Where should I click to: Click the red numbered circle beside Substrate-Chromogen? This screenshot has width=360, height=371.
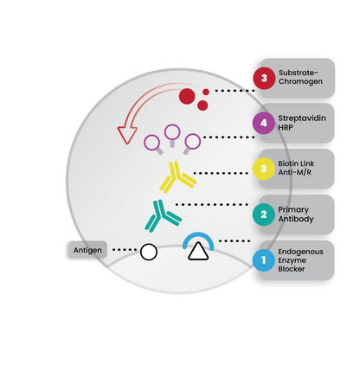[264, 78]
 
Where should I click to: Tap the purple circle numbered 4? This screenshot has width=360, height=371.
[263, 123]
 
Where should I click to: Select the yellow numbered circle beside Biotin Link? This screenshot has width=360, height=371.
[263, 169]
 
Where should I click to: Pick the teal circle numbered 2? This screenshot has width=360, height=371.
[263, 214]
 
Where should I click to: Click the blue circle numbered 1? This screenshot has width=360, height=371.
[263, 260]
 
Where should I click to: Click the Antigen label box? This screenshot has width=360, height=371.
[87, 250]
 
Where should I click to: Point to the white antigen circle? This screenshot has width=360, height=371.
[149, 252]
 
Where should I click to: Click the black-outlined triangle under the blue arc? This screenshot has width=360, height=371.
[198, 252]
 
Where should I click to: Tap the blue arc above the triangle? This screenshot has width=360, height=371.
[198, 235]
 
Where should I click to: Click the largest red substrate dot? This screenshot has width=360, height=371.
[187, 97]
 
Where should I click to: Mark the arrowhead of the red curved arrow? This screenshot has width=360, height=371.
[127, 135]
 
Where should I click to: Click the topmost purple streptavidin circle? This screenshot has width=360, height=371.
[172, 132]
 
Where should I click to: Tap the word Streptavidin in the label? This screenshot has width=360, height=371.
[302, 118]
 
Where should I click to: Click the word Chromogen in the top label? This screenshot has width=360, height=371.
[300, 81]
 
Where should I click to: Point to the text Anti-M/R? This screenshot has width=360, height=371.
[294, 172]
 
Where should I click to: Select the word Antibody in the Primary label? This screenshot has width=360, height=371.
[296, 219]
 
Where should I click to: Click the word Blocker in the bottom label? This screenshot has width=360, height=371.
[292, 269]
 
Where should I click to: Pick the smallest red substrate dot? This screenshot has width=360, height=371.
[206, 92]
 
